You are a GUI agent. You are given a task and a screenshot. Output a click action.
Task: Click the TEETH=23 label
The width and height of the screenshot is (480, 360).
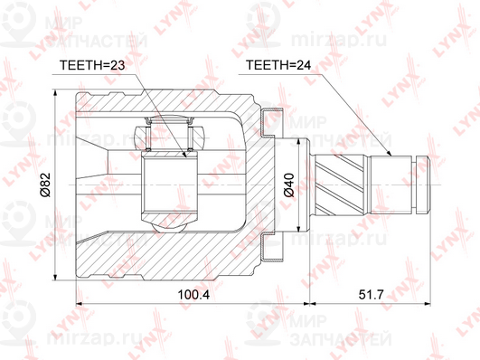coord(92,65)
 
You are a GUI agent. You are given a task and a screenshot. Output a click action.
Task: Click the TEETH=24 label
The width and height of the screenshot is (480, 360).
coord(278,65)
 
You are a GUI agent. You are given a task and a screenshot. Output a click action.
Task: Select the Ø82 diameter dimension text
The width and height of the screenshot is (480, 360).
coord(45,185)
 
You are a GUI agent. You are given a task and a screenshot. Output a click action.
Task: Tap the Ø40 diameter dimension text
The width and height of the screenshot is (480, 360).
coord(289,185)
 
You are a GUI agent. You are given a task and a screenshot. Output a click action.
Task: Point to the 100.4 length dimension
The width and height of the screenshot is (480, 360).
coord(193,295)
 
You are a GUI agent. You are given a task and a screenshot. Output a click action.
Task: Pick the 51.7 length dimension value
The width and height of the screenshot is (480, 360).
coord(371,295)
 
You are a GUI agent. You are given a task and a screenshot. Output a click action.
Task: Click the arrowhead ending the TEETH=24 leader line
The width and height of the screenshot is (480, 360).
coord(389,154)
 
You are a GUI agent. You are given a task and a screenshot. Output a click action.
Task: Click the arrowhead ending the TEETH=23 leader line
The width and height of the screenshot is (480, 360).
coord(184,155)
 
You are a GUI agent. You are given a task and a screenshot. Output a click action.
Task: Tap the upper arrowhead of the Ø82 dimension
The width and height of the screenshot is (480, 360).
coord(55,93)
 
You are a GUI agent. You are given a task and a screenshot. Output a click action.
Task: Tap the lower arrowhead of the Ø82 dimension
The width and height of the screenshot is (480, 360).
coord(55,277)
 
